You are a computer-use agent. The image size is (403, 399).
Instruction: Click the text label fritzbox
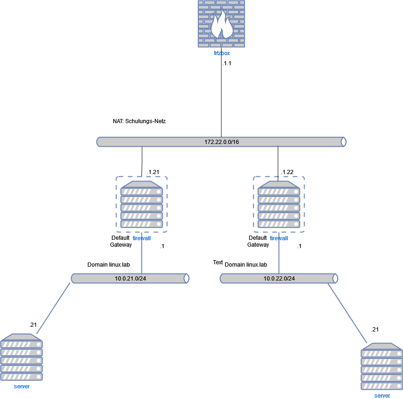pos(221,53)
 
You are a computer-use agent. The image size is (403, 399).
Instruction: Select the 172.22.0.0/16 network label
pos(221,142)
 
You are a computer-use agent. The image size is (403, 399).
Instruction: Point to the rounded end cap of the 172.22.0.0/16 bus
pos(343,142)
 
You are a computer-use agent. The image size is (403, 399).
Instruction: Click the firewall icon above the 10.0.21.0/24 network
pos(141,204)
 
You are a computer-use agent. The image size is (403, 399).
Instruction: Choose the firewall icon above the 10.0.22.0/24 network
pos(279,204)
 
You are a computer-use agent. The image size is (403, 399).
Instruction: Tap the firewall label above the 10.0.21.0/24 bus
pos(141,238)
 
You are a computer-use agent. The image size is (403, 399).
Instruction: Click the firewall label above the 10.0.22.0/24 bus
pos(279,238)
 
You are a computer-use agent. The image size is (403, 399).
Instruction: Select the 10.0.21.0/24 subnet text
pos(130,279)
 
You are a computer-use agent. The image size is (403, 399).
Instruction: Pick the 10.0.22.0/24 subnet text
pos(279,279)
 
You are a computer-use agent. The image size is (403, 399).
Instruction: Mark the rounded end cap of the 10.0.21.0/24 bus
pos(186,278)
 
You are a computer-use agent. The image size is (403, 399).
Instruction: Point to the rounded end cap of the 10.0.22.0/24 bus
pos(335,278)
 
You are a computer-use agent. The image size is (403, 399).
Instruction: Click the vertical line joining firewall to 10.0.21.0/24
pos(141,257)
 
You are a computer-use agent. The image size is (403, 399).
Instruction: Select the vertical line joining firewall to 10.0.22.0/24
pos(279,257)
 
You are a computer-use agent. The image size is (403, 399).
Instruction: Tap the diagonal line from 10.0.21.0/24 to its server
pos(53,308)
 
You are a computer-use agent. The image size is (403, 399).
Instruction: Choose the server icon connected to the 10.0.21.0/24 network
pos(22,357)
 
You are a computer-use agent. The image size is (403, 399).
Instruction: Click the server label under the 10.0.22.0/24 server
pos(382,396)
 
